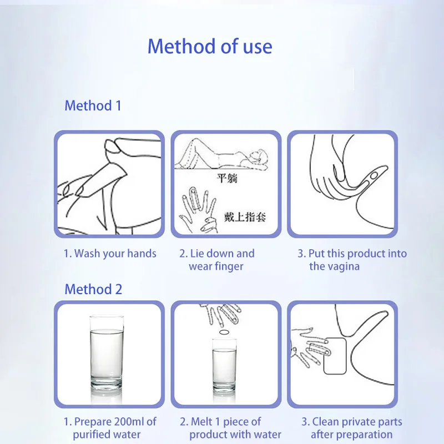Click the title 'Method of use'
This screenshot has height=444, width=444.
click(210, 46)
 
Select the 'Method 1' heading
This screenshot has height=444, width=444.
click(93, 105)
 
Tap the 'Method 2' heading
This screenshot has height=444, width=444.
click(93, 289)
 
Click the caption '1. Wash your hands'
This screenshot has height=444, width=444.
click(110, 254)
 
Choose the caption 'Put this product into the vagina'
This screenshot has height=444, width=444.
click(352, 260)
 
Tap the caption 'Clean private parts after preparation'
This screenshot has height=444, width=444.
click(352, 428)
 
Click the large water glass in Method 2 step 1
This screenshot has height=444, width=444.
click(107, 352)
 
